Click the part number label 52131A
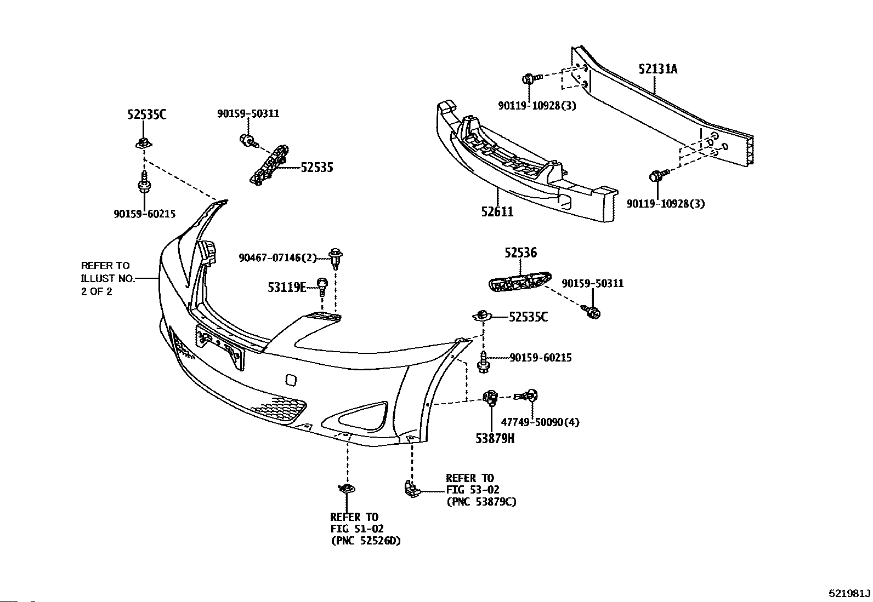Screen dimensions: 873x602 pos(658,70)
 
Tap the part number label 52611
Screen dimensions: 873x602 pos(497,211)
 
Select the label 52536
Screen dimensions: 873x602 pos(521,253)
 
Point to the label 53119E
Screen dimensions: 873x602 pos(287,288)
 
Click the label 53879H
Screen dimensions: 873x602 pos(495,438)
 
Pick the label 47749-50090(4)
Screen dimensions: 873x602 pos(540,422)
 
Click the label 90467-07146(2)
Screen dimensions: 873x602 pos(278,257)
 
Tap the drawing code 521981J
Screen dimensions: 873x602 pos(849,593)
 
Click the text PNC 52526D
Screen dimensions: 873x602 pos(366,541)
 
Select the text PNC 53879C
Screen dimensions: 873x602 pos(481,502)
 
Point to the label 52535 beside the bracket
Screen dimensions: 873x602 pos(317,168)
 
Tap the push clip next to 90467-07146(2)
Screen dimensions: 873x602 pos(336,258)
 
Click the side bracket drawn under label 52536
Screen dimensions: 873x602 pos(520,281)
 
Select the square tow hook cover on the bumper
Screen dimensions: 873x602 pos(291,380)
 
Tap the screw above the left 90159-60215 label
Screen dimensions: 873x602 pos(145,181)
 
